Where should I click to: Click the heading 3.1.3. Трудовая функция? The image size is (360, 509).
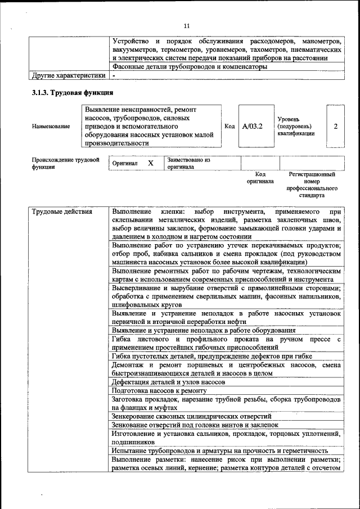point(73,93)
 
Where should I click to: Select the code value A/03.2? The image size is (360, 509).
point(252,127)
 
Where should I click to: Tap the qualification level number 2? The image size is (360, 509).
point(335,127)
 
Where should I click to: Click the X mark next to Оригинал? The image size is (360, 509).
point(151,163)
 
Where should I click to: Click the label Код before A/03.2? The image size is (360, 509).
point(229,127)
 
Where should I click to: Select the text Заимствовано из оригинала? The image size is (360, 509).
point(188,163)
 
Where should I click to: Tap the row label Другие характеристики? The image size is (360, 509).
point(69,75)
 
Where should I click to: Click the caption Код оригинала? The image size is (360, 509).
point(260,178)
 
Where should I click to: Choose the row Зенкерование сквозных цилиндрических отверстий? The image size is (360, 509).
point(191,417)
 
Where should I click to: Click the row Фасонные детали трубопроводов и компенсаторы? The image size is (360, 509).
point(189,67)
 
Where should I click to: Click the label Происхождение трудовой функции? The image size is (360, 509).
point(61,163)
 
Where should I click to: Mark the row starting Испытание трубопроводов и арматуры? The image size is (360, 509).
point(219,451)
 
